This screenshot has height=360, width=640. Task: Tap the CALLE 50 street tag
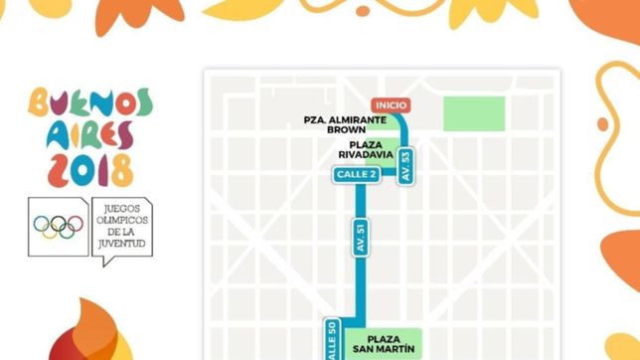[333, 338]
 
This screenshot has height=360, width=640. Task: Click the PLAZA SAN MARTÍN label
[389, 343]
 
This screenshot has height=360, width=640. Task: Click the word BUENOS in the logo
[90, 103]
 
